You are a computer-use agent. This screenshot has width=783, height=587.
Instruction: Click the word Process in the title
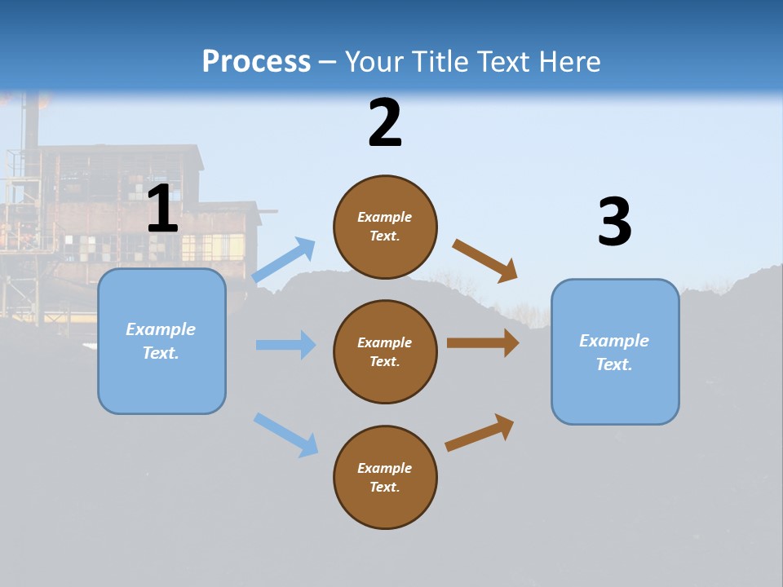point(256,62)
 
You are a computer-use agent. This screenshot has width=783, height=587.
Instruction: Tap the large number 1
point(162,210)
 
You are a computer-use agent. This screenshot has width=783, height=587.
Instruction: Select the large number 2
point(385,123)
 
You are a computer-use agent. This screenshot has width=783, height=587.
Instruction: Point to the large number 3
point(614,223)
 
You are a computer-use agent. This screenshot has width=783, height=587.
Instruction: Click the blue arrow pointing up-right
point(284,260)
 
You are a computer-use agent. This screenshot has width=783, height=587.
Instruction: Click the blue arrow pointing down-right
point(285,435)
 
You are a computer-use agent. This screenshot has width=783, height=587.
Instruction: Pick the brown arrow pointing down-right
point(485,261)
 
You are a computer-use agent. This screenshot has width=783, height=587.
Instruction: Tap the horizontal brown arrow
point(483,343)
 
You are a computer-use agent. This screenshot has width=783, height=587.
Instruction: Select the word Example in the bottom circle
point(384,468)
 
